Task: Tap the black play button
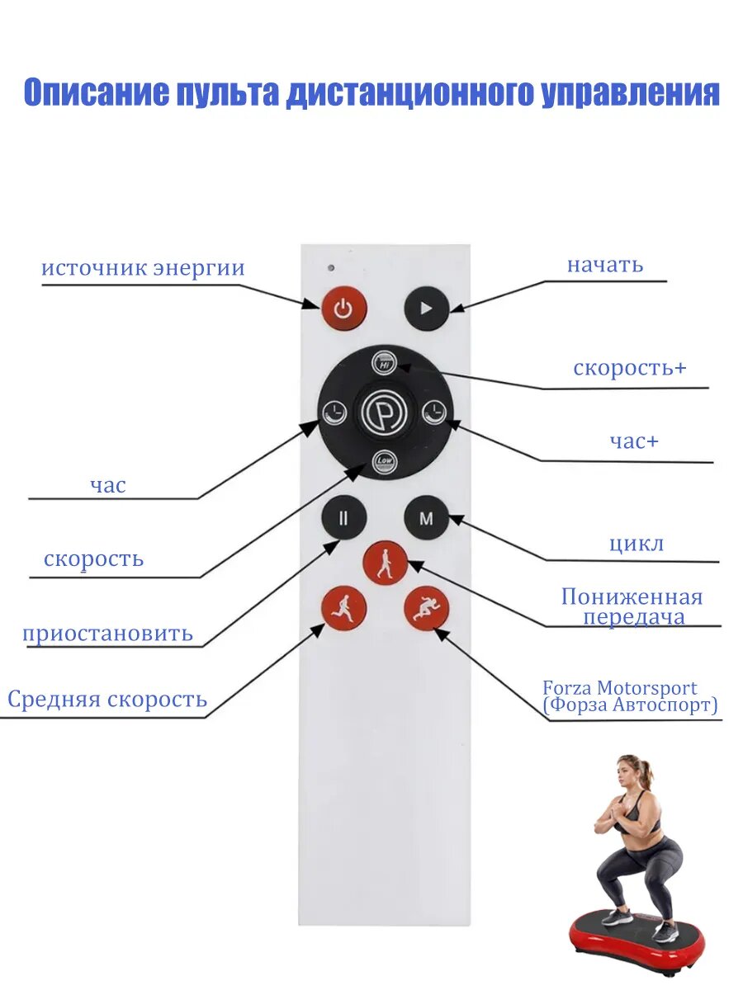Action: [x=426, y=309]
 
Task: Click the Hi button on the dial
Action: [x=384, y=363]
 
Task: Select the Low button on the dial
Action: [x=385, y=461]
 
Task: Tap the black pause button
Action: [x=343, y=519]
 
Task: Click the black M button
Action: [x=426, y=519]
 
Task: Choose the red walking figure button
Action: [x=385, y=564]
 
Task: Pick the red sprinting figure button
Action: [x=426, y=610]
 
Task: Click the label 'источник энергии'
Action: [x=143, y=269]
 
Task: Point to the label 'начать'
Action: [x=604, y=265]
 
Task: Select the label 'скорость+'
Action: [x=629, y=368]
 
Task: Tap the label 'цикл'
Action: [x=636, y=544]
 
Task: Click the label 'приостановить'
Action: [x=107, y=634]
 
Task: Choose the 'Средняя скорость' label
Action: [x=107, y=700]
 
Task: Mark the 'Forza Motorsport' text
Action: [x=619, y=688]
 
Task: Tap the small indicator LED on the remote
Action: [x=329, y=268]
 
